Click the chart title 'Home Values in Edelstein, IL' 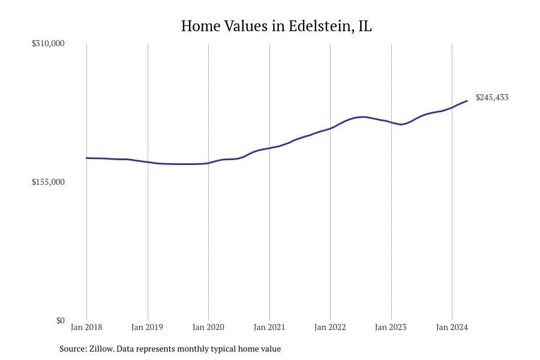click(x=276, y=26)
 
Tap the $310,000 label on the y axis click(x=48, y=44)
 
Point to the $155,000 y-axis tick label click(x=48, y=182)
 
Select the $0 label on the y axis click(x=60, y=320)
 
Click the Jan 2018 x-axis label click(x=86, y=328)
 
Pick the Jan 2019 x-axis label click(x=148, y=328)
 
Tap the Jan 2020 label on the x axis click(x=208, y=328)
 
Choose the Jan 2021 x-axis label click(x=269, y=328)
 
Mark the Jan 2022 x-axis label click(x=330, y=328)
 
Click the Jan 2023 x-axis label click(x=391, y=328)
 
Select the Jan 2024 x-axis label click(x=452, y=328)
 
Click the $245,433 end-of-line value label click(x=491, y=97)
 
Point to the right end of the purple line click(x=467, y=101)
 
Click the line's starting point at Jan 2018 click(x=87, y=158)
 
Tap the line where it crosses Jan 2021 click(x=269, y=148)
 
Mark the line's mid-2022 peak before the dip click(x=363, y=116)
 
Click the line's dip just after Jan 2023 click(x=401, y=124)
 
